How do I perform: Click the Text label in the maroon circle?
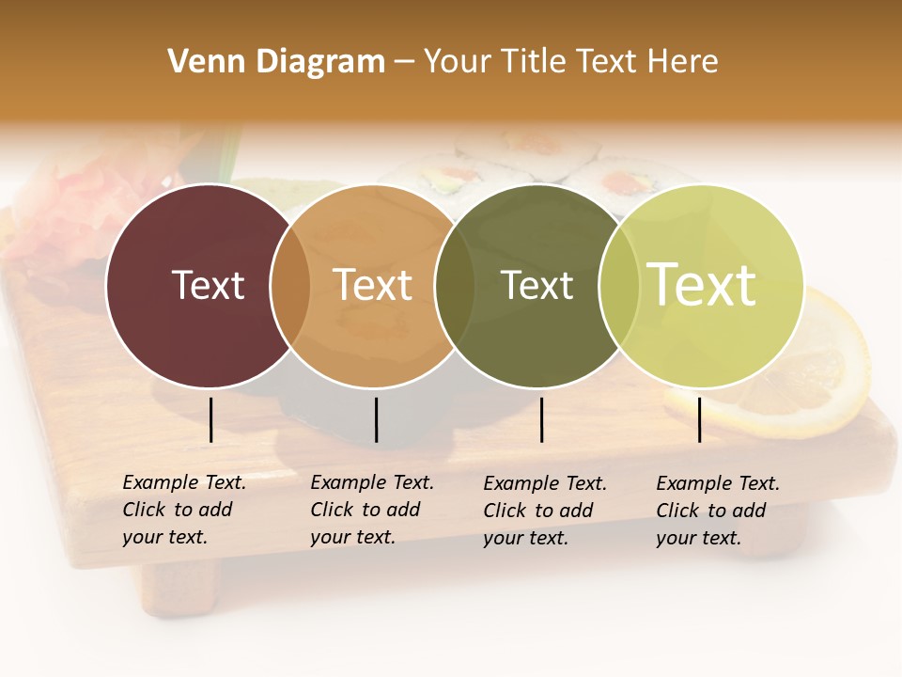point(208,285)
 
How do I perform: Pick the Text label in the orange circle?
point(373,285)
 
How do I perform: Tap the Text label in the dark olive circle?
point(537,285)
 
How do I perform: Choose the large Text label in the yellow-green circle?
point(702,285)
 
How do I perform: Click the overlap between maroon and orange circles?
point(290,285)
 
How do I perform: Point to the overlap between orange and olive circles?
point(455,285)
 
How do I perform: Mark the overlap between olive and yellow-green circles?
point(619,285)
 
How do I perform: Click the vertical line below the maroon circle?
point(210,419)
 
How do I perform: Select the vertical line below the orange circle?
point(376,419)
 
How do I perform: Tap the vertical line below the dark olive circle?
point(541,419)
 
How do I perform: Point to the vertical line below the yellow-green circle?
point(700,419)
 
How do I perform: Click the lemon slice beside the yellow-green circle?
point(827,376)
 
